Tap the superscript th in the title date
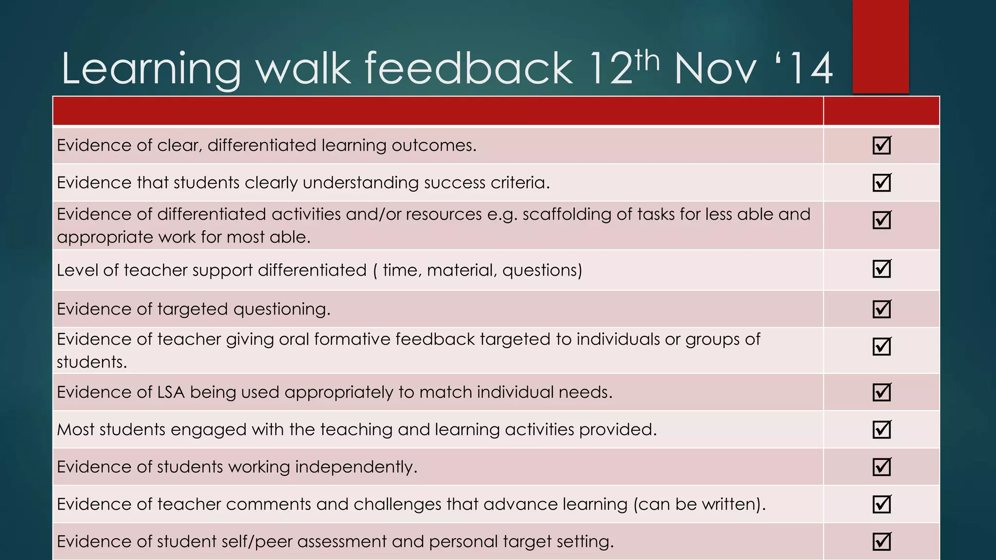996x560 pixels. coord(646,61)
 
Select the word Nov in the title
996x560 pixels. coord(715,70)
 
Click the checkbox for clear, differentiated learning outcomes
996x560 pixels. coord(881,145)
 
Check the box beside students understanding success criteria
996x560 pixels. coord(881,182)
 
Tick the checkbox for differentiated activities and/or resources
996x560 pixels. coord(881,220)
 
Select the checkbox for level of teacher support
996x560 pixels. coord(881,268)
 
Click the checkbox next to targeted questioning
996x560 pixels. coord(881,309)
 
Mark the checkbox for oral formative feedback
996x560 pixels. coord(881,346)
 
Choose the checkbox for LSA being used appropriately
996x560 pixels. coord(881,392)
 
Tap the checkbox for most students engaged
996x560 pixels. coord(881,429)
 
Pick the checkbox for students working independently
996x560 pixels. coord(881,467)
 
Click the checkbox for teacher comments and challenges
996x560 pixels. coord(881,504)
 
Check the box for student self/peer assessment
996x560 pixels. coord(881,542)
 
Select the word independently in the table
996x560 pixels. coord(356,467)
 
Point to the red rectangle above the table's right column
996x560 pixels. coord(880,46)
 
